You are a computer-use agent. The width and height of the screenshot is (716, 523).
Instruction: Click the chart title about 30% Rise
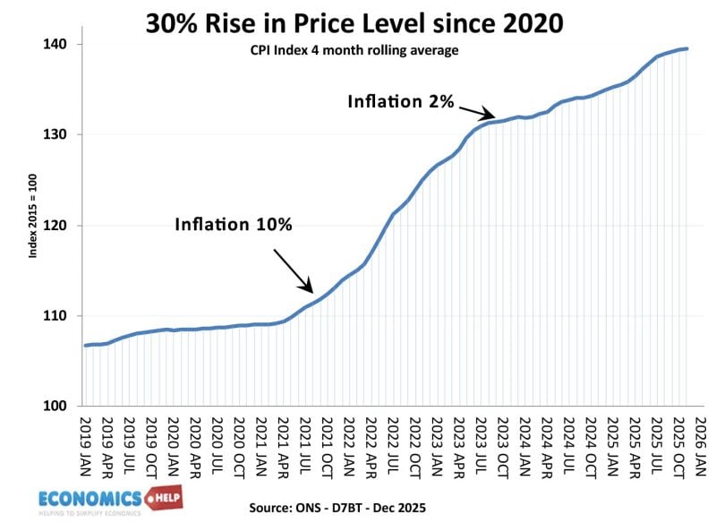coord(355,22)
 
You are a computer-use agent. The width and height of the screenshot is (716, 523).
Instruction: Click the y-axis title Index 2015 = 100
coord(33,225)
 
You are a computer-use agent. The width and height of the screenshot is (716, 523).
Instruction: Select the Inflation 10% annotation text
coord(234,224)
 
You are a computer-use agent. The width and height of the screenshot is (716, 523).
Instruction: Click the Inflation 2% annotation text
coord(401,101)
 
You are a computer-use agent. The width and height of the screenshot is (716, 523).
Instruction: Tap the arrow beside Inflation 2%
coord(475,112)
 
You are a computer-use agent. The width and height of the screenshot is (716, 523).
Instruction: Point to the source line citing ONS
coord(338,506)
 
